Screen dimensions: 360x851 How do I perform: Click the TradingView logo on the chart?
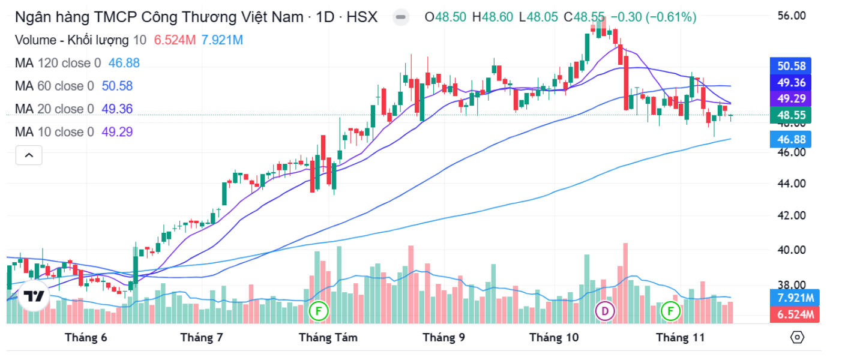coord(34,296)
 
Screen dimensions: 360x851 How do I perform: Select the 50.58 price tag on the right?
coord(791,66)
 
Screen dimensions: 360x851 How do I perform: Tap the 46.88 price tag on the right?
coord(791,140)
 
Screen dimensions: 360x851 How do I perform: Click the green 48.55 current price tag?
coord(791,115)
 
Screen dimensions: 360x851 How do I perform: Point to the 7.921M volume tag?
coord(791,298)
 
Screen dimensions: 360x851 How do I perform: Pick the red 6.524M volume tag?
coord(791,314)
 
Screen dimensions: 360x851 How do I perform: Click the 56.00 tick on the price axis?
coord(791,16)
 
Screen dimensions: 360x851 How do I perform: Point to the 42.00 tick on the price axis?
coord(791,215)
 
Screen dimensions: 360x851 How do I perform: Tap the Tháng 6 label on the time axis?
coord(86,338)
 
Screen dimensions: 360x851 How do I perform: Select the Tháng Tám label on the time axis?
coord(328,338)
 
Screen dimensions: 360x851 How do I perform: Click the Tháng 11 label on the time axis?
coord(680,338)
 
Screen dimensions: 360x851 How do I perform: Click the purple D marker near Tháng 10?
coord(605,311)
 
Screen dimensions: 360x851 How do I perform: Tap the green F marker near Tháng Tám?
coord(319,311)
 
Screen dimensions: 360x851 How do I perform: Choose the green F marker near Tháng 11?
coord(670,311)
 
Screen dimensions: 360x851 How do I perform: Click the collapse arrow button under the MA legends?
coord(29,155)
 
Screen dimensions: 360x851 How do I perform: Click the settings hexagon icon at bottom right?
coord(797,337)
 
